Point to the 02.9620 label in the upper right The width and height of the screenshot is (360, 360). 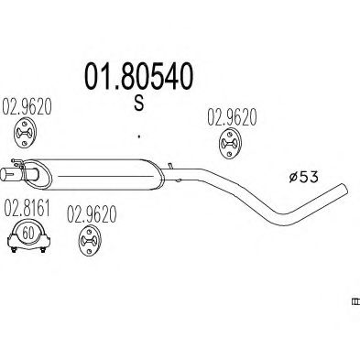point(226,117)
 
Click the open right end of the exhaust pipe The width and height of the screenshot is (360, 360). point(346,191)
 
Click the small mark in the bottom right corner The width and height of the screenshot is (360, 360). point(355,300)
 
